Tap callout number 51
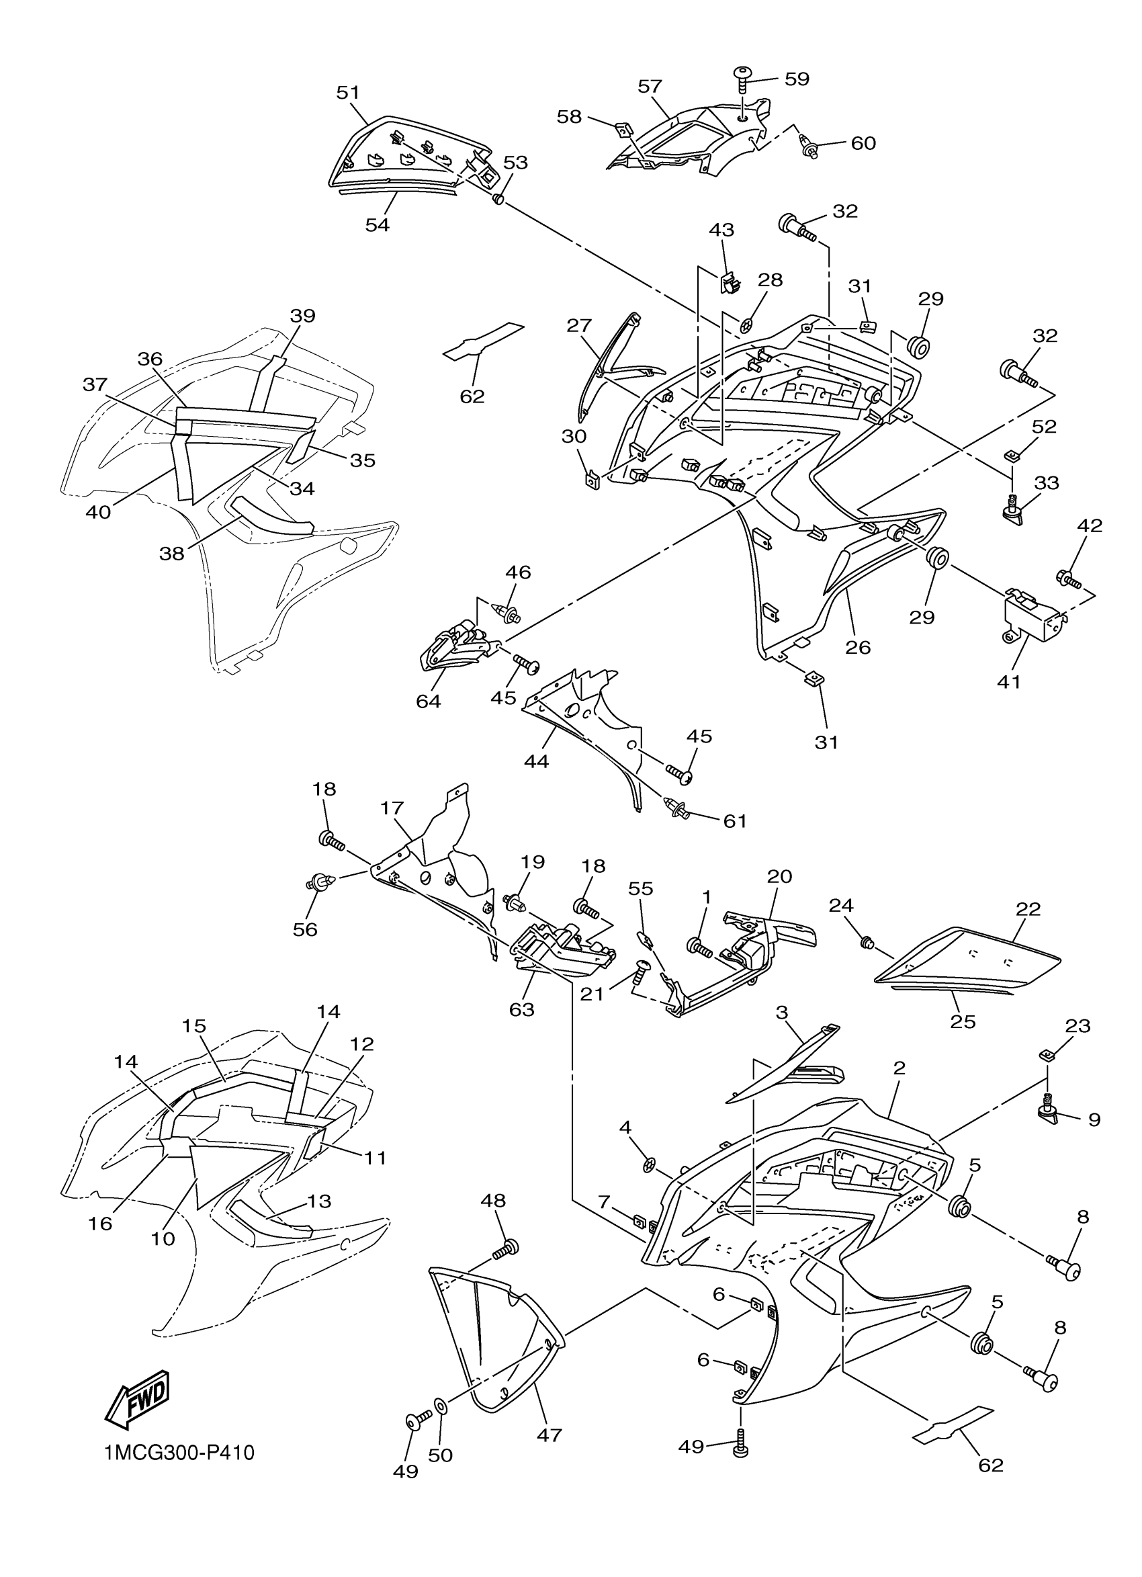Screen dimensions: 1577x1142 pos(348,93)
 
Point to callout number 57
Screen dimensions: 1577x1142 pos(650,86)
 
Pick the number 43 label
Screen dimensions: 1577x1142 pos(721,229)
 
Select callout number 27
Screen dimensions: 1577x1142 pos(579,325)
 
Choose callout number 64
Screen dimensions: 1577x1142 pos(428,701)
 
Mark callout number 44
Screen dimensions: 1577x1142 pos(537,761)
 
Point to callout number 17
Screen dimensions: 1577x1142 pos(392,809)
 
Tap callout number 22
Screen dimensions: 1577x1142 pos(1028,909)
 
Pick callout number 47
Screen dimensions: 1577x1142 pos(549,1435)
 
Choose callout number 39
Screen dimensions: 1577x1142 pos(302,316)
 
